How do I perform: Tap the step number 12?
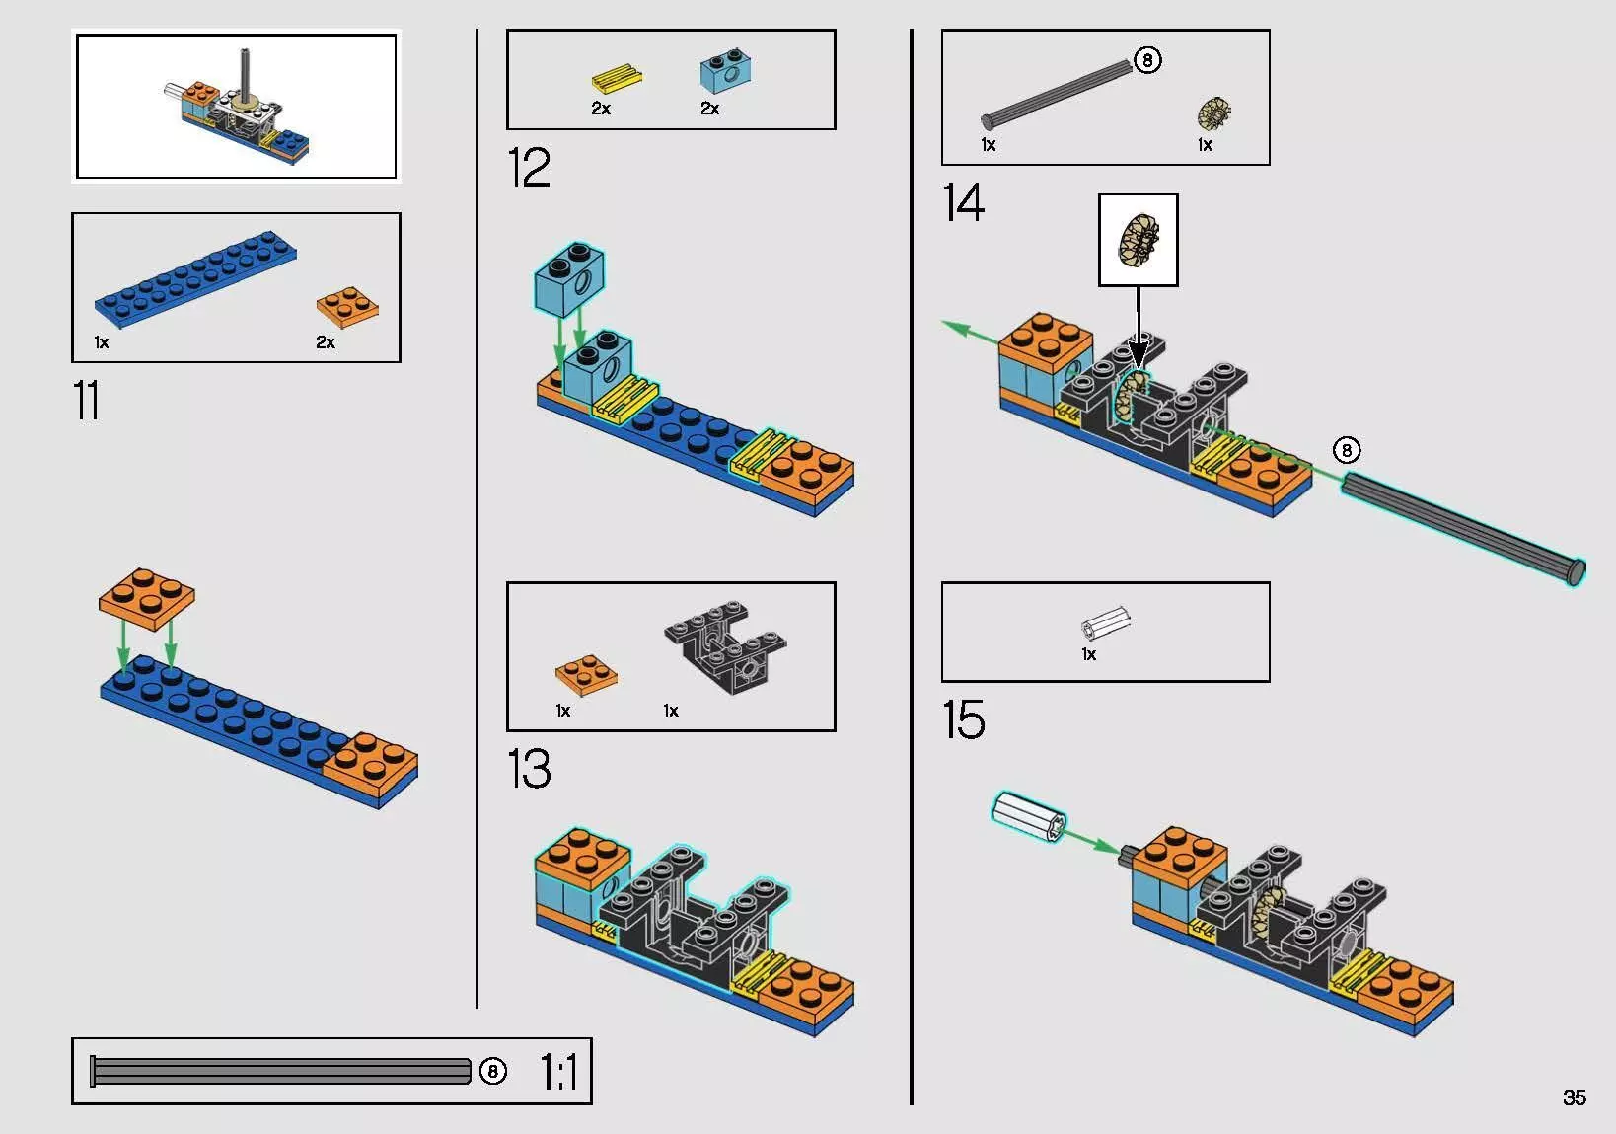[529, 167]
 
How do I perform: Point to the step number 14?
[963, 202]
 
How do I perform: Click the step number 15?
[963, 718]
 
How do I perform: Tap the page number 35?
[1575, 1097]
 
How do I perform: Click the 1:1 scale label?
[559, 1071]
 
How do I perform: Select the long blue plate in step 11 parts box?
[195, 278]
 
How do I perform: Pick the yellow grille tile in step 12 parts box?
[617, 78]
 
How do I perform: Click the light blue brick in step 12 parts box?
[727, 71]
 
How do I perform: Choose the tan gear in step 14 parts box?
[1214, 113]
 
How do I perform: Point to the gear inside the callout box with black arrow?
[1139, 240]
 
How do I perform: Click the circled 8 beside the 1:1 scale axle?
[492, 1071]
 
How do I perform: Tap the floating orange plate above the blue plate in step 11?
[146, 598]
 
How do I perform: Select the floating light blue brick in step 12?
[569, 278]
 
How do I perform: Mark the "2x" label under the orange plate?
[326, 342]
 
